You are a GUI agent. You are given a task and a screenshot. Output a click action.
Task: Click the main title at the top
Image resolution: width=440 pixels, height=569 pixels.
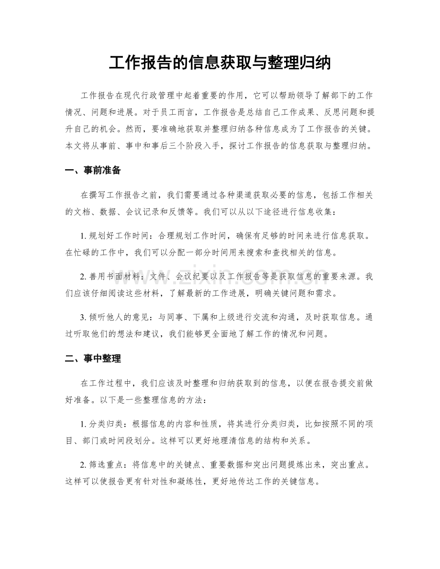220,63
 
